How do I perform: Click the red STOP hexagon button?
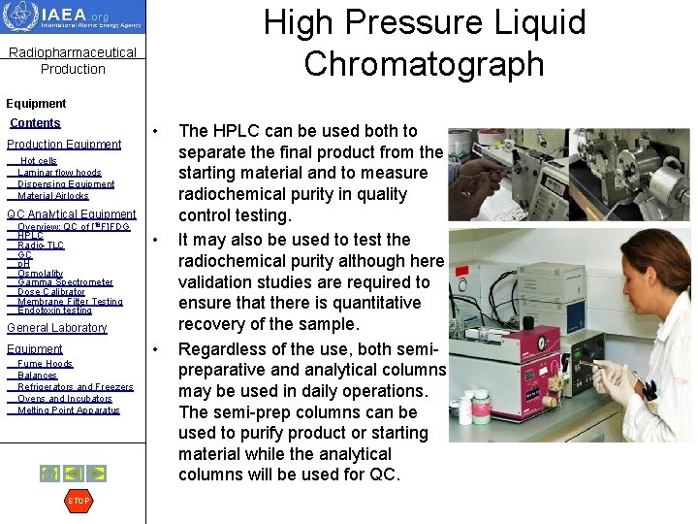pyautogui.click(x=79, y=501)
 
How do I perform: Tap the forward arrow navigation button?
pyautogui.click(x=98, y=474)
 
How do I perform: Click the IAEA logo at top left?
pyautogui.click(x=73, y=17)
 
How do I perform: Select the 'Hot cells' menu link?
pyautogui.click(x=39, y=161)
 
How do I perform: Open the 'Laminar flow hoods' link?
pyautogui.click(x=59, y=173)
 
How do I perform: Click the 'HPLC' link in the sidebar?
pyautogui.click(x=30, y=236)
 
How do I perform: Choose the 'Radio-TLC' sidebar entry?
pyautogui.click(x=41, y=246)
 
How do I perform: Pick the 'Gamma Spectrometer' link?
pyautogui.click(x=65, y=282)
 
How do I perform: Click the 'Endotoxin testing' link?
pyautogui.click(x=54, y=311)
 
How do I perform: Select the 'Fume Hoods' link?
pyautogui.click(x=45, y=364)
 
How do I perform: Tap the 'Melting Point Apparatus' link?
pyautogui.click(x=68, y=410)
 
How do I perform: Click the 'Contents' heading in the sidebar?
pyautogui.click(x=35, y=123)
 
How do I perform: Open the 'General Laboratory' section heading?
pyautogui.click(x=56, y=328)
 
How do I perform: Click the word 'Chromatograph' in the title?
pyautogui.click(x=424, y=63)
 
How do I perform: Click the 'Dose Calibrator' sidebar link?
pyautogui.click(x=51, y=292)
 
